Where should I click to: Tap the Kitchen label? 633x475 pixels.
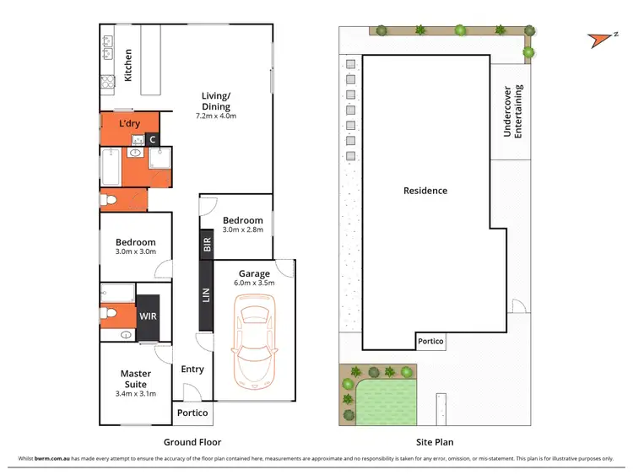pos(128,65)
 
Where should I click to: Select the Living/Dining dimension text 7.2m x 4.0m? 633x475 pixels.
pos(215,116)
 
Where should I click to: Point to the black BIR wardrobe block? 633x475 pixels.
pos(206,246)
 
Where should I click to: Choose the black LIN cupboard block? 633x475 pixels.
pos(206,294)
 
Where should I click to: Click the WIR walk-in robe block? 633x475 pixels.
pos(149,316)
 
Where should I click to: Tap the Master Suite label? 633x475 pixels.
pos(135,379)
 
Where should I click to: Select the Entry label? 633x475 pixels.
pos(192,369)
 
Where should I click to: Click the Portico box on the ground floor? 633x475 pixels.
pos(192,413)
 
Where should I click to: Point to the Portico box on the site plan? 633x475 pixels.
pos(430,341)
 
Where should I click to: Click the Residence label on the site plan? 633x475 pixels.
pos(425,191)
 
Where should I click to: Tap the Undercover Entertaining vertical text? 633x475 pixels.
pos(513,111)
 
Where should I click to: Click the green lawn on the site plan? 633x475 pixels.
pos(391,397)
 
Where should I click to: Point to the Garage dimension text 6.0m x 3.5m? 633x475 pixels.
pos(254,284)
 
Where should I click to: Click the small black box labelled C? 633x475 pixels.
pos(153,139)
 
